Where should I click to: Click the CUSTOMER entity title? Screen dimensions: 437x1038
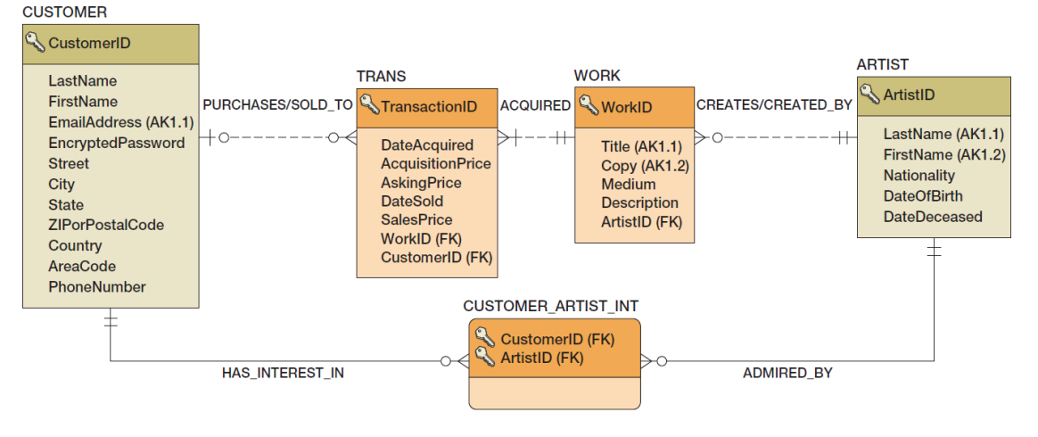64,12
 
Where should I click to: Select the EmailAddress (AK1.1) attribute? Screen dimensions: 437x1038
121,122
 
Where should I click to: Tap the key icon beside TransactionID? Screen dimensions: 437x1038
368,105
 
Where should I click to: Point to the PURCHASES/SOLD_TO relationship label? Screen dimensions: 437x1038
277,105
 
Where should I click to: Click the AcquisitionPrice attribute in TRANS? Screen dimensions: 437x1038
435,163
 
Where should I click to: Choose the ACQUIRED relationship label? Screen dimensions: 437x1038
535,105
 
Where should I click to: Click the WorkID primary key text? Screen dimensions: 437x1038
626,107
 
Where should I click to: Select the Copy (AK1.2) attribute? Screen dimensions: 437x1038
645,166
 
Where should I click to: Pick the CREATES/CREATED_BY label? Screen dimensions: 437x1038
774,105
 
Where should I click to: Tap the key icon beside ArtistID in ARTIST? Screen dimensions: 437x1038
869,93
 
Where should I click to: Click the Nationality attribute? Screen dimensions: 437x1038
919,176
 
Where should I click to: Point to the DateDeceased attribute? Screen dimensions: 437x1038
932,217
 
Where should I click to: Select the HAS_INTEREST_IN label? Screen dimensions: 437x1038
283,373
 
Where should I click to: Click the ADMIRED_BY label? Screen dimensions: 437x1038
787,373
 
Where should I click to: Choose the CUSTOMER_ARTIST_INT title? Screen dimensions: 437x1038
550,306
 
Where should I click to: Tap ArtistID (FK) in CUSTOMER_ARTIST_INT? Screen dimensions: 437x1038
541,358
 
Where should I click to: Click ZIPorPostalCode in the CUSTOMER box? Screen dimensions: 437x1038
106,225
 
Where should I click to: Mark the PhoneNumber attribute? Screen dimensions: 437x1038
97,286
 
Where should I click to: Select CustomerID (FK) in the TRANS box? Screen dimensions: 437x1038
436,257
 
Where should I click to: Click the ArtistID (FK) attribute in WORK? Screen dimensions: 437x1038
641,222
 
